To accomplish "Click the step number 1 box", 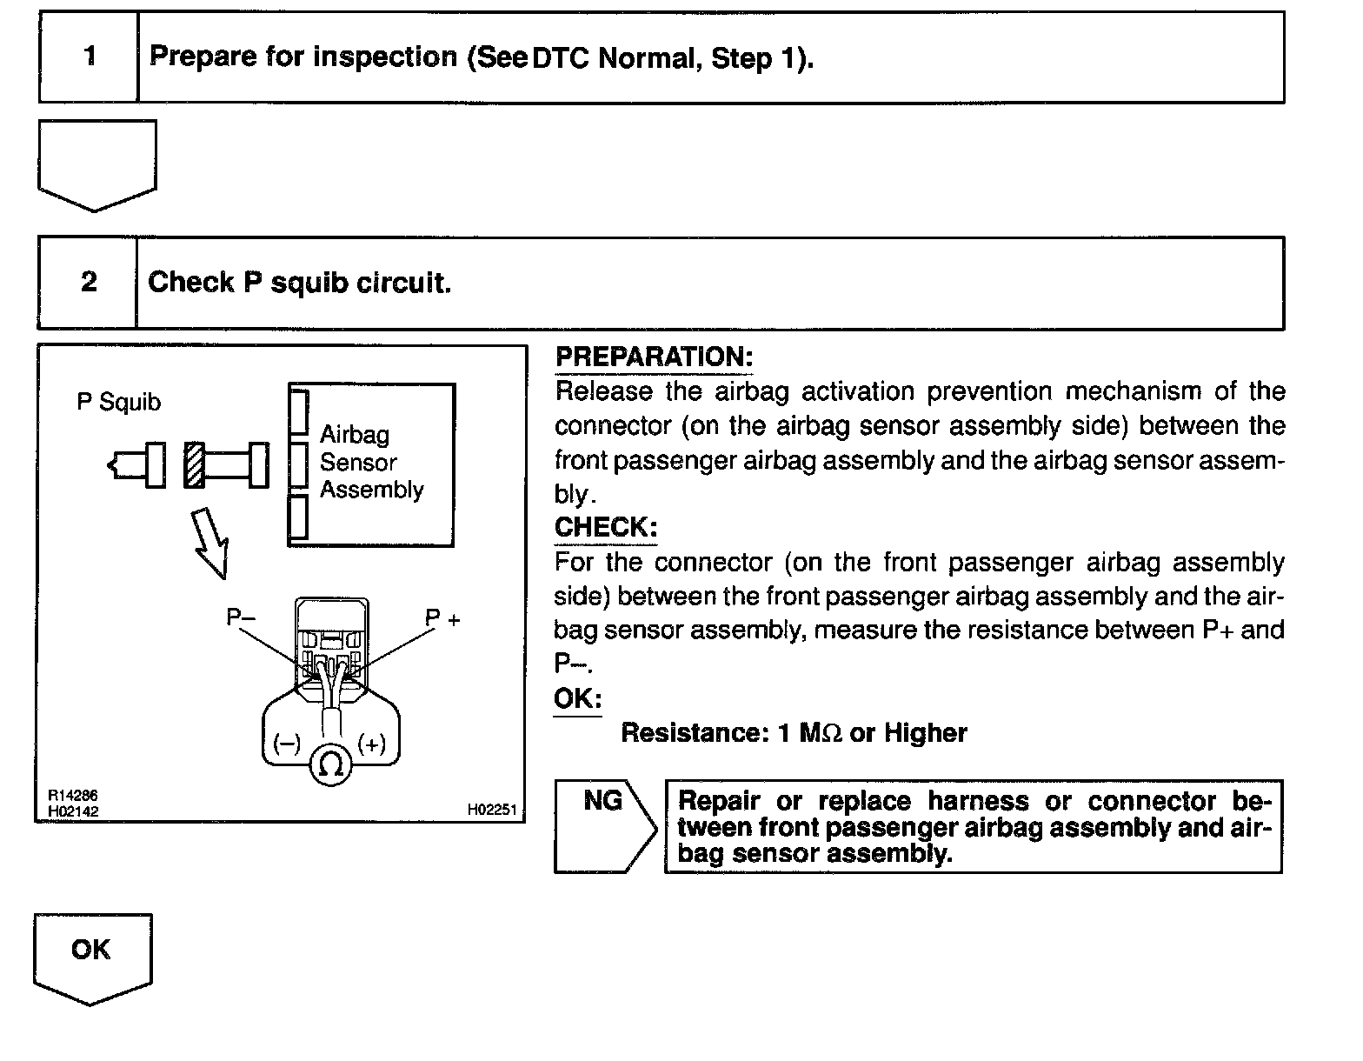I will coord(89,57).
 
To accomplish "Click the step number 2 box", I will coord(88,283).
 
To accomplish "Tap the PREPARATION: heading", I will coord(654,357).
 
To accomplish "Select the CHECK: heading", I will coord(606,528).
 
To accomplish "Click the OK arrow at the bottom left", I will coord(92,956).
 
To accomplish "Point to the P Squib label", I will coord(119,403).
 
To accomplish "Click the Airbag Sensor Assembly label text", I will coord(371,463).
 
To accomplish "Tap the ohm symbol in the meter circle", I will coord(330,765).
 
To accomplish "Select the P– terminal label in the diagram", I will coord(241,617).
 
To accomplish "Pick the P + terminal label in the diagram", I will coord(442,618).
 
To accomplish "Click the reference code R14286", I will coord(74,796).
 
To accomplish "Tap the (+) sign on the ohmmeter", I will coord(372,744).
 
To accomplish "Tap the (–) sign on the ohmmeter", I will coord(287,744).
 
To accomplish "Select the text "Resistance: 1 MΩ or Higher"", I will coord(794,733).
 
